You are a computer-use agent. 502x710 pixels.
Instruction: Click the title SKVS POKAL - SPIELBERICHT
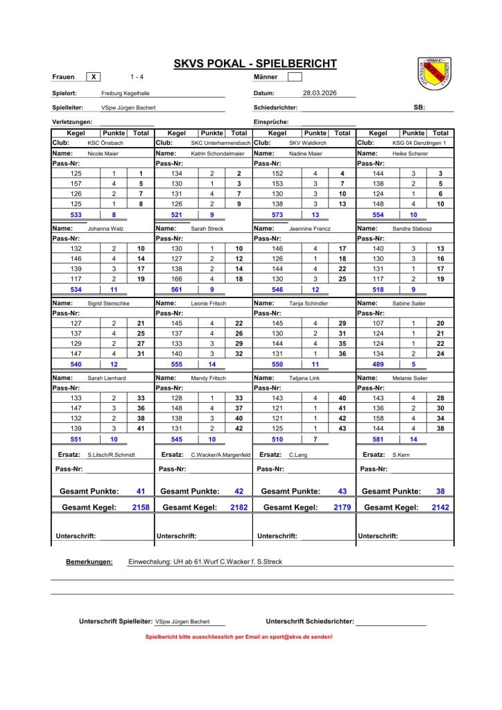click(254, 64)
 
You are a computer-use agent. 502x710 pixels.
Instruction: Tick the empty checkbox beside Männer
click(295, 76)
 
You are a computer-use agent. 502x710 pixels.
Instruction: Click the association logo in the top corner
click(435, 72)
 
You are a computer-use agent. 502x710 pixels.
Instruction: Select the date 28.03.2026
click(320, 92)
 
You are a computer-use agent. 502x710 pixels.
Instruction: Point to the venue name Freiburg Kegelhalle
click(125, 93)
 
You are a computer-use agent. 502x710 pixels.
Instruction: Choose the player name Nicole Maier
click(103, 153)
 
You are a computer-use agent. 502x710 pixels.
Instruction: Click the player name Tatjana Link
click(306, 378)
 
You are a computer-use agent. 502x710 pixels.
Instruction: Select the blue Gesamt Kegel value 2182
click(239, 508)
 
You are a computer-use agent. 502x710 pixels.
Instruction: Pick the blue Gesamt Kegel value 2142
click(440, 508)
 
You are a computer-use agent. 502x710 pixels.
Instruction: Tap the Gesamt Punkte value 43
click(342, 491)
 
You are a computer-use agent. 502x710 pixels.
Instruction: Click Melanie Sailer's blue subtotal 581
click(378, 440)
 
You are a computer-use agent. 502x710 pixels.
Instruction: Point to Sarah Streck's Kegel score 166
click(177, 279)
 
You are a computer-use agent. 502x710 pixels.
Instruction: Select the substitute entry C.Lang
click(299, 455)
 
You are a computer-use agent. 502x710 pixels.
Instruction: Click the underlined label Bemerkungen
click(89, 562)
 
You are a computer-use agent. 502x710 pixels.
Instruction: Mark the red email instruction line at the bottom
click(239, 637)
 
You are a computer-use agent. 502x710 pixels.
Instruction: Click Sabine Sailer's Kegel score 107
click(378, 323)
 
